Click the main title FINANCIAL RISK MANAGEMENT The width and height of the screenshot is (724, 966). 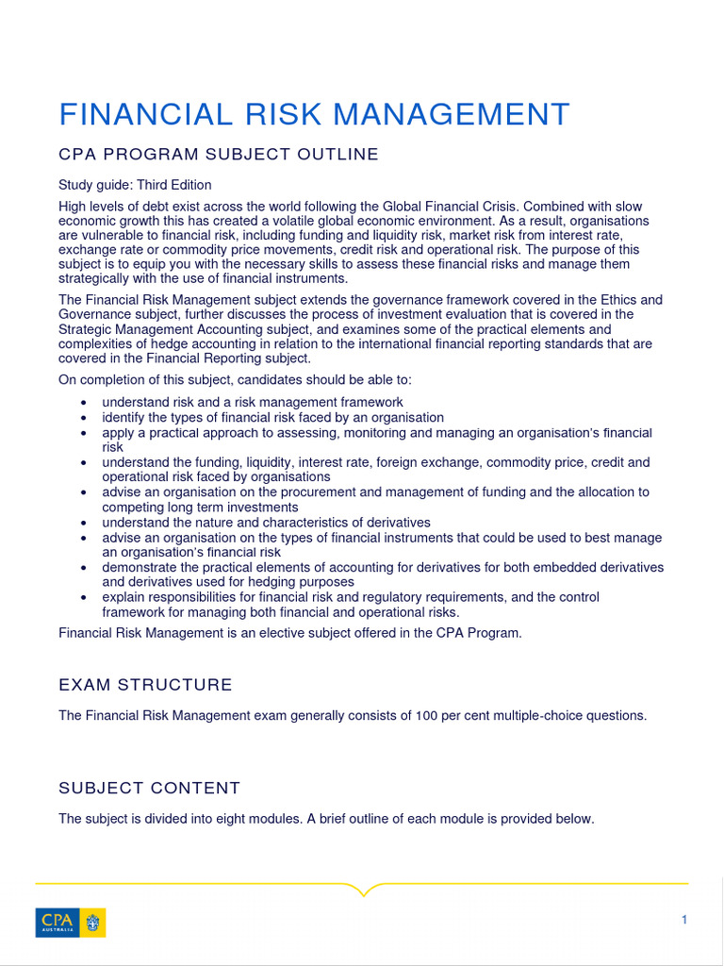(314, 114)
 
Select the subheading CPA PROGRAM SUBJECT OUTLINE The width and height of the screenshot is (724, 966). (219, 155)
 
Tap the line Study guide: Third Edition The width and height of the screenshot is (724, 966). (135, 185)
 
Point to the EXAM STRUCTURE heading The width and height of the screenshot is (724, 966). (145, 685)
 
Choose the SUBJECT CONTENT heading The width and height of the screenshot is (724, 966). (149, 788)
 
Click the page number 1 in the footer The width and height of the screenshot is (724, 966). (684, 920)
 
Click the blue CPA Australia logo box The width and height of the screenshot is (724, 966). (58, 922)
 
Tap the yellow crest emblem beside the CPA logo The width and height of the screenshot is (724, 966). (94, 922)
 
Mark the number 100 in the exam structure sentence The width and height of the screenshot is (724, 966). (426, 715)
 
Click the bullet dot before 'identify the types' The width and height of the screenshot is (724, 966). (84, 418)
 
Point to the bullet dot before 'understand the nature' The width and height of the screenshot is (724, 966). (84, 523)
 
